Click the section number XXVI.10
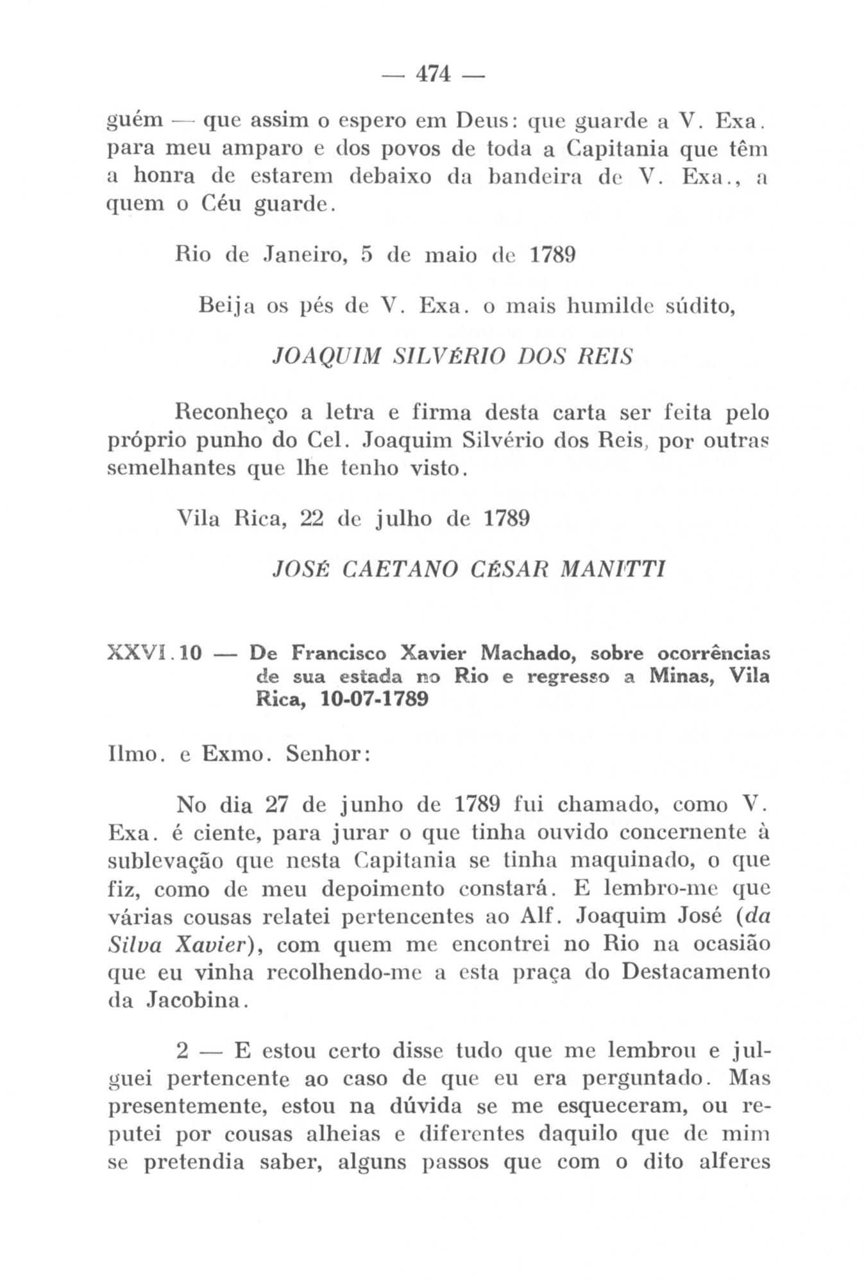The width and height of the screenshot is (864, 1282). click(155, 654)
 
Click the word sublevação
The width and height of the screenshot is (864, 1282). click(165, 861)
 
